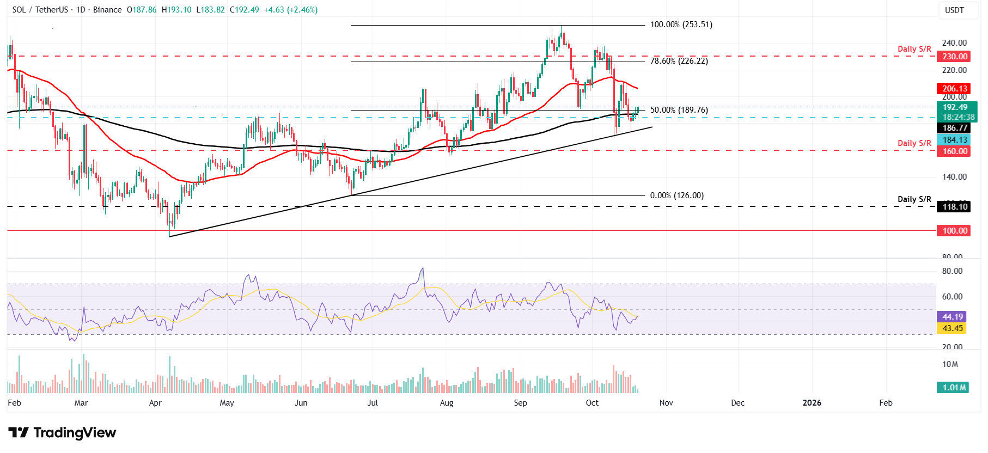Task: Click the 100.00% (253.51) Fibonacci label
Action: tap(681, 25)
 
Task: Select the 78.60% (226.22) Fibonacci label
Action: tap(679, 61)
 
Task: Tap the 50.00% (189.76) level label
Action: tap(679, 110)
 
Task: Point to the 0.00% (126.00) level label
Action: tap(676, 195)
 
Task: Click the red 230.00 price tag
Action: tap(955, 57)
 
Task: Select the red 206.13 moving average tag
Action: tap(955, 89)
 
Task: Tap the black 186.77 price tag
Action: tap(955, 128)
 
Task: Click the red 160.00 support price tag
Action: tap(955, 151)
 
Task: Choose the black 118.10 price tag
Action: tap(955, 206)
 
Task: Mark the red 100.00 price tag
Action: tap(955, 231)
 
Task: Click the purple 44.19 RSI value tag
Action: tap(953, 317)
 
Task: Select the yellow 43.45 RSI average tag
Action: tap(953, 328)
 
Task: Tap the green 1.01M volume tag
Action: tap(954, 388)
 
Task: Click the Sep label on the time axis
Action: tap(520, 403)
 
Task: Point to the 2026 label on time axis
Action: tap(812, 403)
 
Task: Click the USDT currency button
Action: tap(954, 10)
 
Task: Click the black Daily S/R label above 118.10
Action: tap(914, 199)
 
